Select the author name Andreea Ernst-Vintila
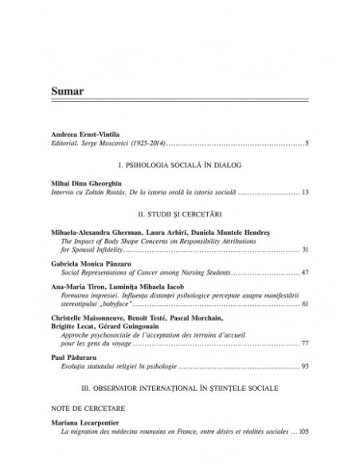(85, 135)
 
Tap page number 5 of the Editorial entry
(306, 143)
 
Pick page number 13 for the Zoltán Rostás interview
(304, 193)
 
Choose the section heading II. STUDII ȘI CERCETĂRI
(180, 214)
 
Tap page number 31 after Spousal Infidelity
(304, 249)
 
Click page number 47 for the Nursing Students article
(304, 272)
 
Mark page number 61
(304, 304)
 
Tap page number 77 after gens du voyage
(304, 343)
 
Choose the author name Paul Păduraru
(72, 359)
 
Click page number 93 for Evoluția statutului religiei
(304, 368)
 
